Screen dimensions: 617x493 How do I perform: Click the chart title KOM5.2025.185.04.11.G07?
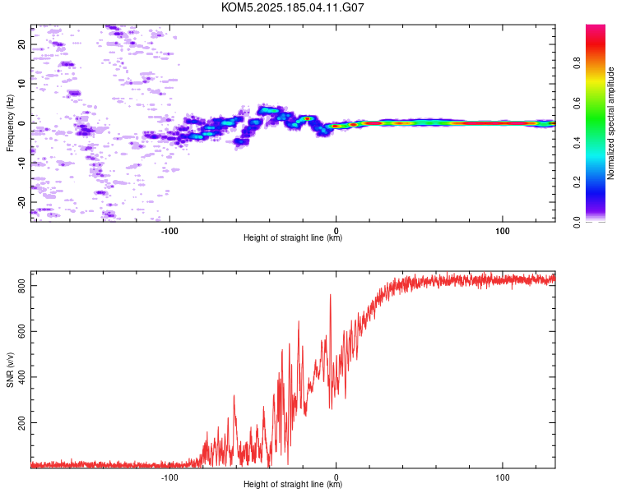[292, 7]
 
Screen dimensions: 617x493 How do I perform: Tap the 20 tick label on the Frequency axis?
[22, 44]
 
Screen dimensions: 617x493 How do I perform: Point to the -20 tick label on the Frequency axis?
[22, 202]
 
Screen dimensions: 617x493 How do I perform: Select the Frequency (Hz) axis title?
[10, 123]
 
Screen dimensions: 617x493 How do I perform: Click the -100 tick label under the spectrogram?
[169, 231]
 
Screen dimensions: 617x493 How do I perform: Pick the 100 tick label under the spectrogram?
[503, 231]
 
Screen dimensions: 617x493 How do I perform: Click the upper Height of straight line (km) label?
[293, 237]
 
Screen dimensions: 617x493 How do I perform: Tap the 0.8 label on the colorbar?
[577, 63]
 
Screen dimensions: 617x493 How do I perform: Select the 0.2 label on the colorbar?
[577, 182]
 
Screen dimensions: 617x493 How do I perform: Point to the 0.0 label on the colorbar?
[577, 222]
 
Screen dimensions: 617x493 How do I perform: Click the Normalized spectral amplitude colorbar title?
[610, 123]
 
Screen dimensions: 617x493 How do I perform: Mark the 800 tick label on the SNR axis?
[22, 286]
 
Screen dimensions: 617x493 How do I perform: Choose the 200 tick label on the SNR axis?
[22, 422]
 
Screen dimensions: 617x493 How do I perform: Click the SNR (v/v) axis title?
[10, 370]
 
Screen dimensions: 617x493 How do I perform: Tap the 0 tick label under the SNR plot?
[336, 477]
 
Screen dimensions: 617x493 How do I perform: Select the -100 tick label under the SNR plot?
[169, 477]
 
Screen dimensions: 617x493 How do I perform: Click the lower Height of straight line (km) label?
[293, 484]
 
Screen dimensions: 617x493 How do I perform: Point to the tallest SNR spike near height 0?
[330, 295]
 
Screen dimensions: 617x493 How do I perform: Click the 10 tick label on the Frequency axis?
[22, 84]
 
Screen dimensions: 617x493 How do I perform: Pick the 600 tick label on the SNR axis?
[22, 331]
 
